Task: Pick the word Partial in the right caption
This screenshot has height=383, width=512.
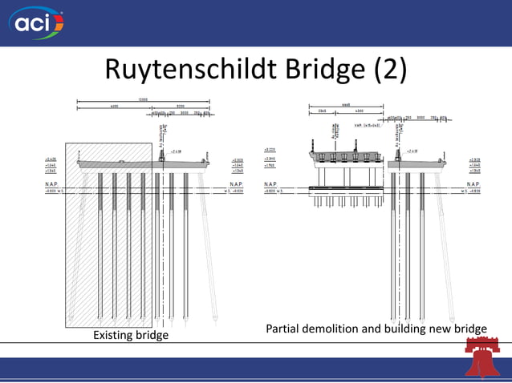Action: pyautogui.click(x=285, y=329)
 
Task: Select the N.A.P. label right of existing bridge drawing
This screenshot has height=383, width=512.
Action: pyautogui.click(x=238, y=185)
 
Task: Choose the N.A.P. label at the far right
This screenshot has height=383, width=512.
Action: pyautogui.click(x=473, y=185)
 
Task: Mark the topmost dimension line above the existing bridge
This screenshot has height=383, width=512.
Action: pyautogui.click(x=143, y=101)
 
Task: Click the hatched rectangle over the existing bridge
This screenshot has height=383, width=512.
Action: pyautogui.click(x=108, y=232)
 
